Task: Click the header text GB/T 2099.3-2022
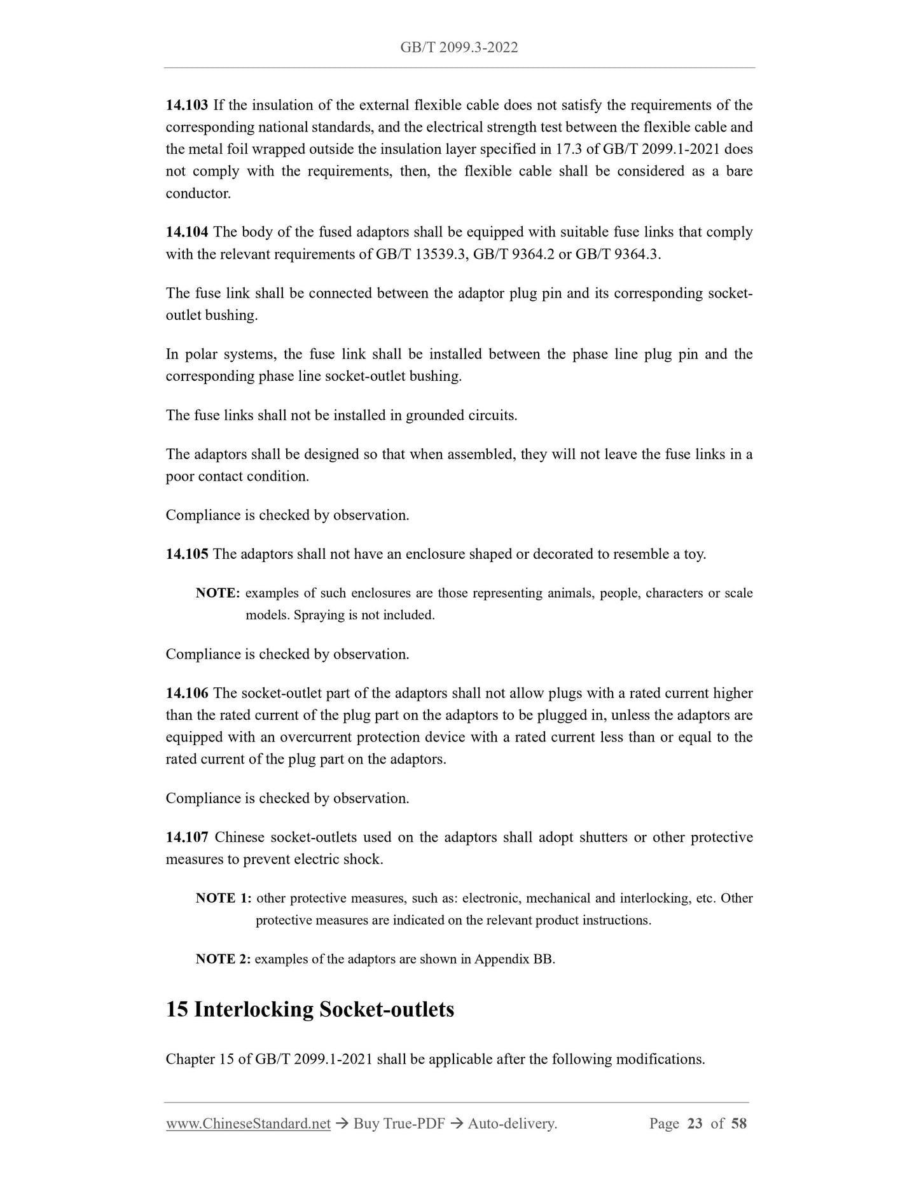click(459, 48)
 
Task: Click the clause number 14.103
click(186, 105)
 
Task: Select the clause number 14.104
click(186, 232)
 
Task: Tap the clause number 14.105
click(186, 554)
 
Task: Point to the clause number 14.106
click(186, 693)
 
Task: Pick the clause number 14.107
click(186, 837)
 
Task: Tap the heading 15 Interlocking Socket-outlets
click(310, 1010)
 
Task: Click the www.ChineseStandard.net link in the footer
click(248, 1124)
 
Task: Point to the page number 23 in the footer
click(695, 1124)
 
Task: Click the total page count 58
click(739, 1124)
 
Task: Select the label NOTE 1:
click(223, 898)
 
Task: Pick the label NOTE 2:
click(223, 959)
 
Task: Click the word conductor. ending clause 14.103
click(198, 193)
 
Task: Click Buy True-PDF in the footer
click(399, 1124)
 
